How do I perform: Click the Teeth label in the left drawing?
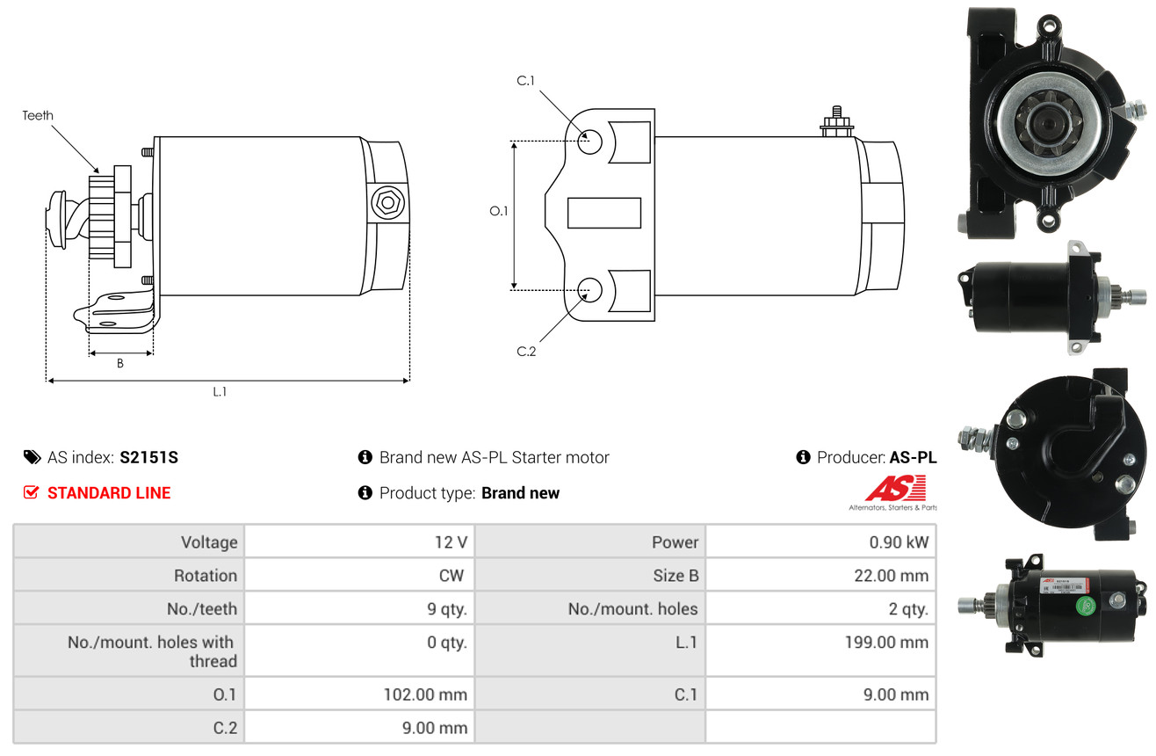(x=38, y=115)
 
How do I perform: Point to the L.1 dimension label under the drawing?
(x=220, y=392)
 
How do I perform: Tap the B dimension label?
(x=120, y=364)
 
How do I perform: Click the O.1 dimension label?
(x=499, y=211)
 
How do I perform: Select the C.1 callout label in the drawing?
(x=526, y=81)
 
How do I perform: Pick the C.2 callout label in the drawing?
(x=526, y=352)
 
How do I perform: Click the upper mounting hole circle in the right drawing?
(x=589, y=142)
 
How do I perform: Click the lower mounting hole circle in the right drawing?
(x=589, y=290)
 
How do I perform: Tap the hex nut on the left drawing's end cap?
(x=387, y=202)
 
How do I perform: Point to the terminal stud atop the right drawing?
(x=836, y=122)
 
